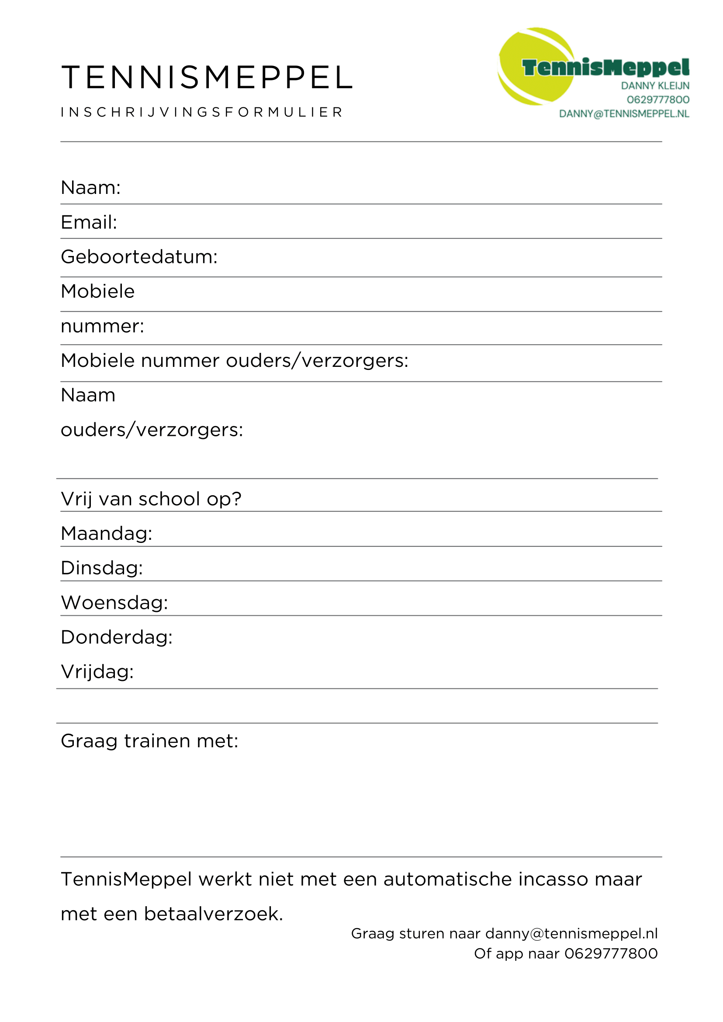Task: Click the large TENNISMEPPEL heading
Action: click(x=207, y=77)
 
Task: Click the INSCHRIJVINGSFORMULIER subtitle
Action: click(x=202, y=112)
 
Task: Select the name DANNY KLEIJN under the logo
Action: click(x=655, y=86)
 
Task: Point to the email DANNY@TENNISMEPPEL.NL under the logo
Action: click(x=624, y=114)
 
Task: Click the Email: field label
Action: click(x=89, y=222)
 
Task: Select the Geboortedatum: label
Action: click(x=139, y=257)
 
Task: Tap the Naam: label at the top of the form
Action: click(x=91, y=188)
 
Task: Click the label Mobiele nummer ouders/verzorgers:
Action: click(x=234, y=361)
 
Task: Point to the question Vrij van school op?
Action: click(x=151, y=499)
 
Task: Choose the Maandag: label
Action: click(x=107, y=534)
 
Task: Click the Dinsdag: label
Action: click(x=102, y=568)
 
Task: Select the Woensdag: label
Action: click(x=114, y=603)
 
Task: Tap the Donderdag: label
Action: click(x=117, y=637)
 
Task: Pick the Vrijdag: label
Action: click(x=97, y=672)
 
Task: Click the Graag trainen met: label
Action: click(x=149, y=741)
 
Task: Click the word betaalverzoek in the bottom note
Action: click(x=213, y=914)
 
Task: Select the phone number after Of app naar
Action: click(x=611, y=953)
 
